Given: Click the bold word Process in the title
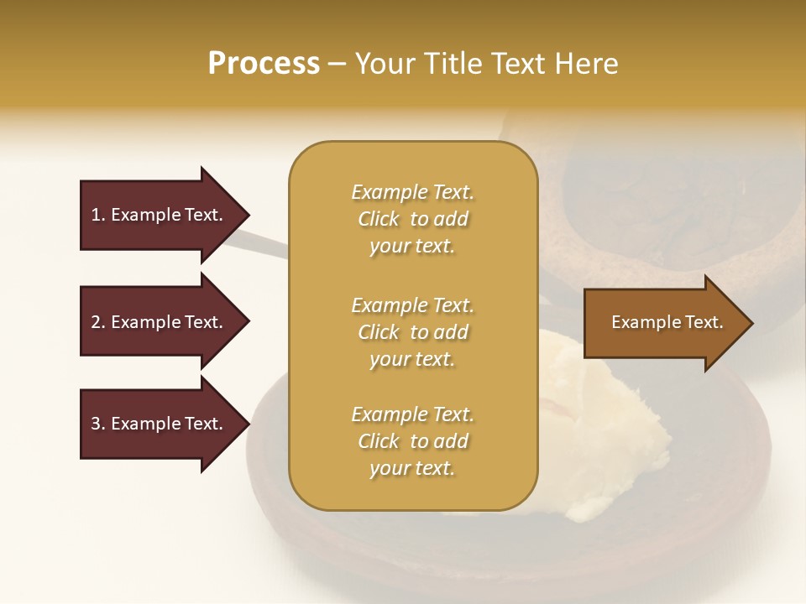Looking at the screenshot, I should point(264,64).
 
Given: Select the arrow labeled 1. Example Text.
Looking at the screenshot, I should point(160,215).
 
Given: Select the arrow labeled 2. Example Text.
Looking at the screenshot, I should point(160,322).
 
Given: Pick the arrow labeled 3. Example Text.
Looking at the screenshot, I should point(160,424).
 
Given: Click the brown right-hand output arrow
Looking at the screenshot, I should point(663,323).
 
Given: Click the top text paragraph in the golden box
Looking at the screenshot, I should point(412,219).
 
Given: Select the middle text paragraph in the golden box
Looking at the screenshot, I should point(412,331).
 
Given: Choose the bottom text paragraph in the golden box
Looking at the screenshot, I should point(412,441).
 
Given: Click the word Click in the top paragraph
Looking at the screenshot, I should point(379,219).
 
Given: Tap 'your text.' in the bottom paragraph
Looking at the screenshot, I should point(412,468).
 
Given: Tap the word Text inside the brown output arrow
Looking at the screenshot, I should point(704,322).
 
